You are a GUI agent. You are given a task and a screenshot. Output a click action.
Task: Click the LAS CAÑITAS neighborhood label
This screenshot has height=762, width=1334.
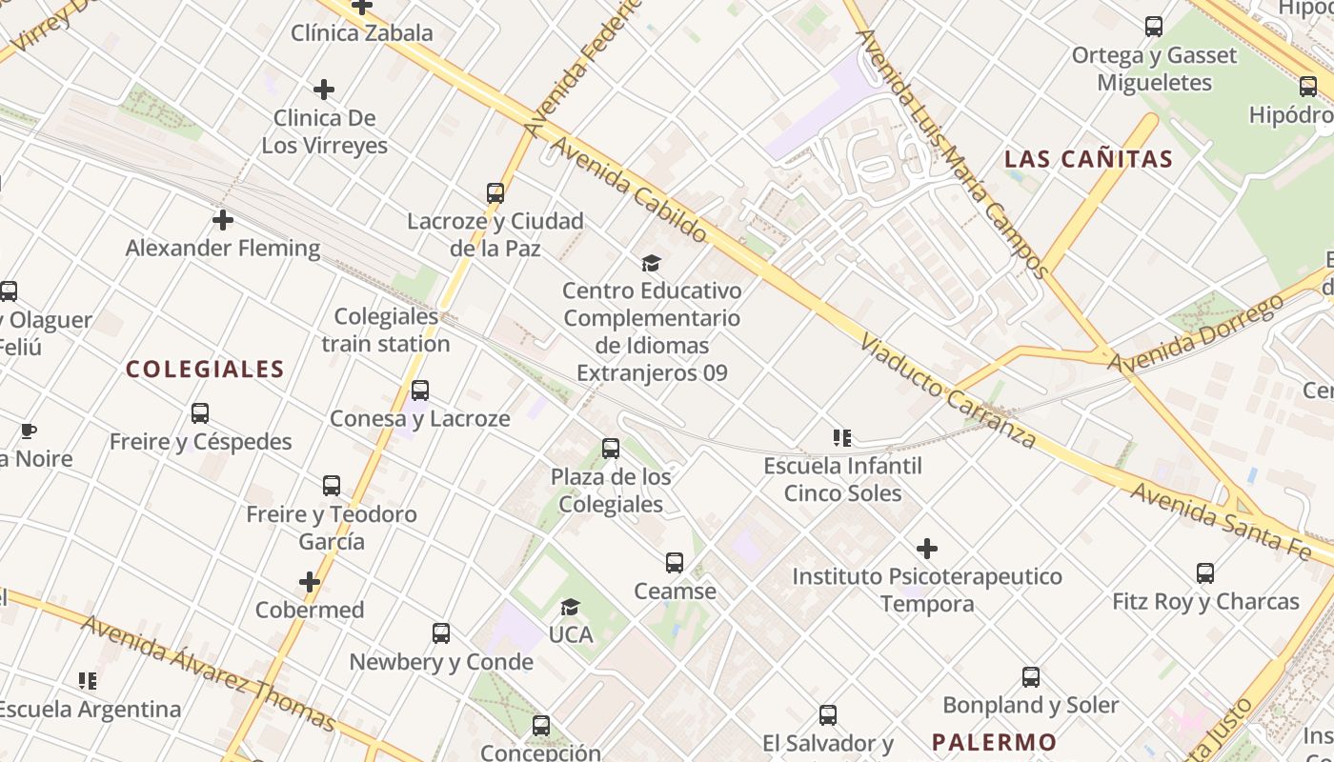pos(1088,159)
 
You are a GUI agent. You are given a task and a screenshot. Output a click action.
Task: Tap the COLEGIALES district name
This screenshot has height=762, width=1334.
pos(205,370)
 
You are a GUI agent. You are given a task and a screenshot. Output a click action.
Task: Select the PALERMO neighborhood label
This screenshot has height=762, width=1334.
pos(994,742)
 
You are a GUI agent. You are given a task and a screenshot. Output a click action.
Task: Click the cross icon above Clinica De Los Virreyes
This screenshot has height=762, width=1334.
pos(324,90)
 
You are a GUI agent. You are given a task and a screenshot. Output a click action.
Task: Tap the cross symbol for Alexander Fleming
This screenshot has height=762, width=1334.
pos(223,220)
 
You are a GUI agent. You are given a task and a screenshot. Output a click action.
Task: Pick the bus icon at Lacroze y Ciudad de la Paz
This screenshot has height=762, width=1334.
pos(495,193)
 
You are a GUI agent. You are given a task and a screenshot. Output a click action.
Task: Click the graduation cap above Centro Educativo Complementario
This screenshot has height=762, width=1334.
pos(651,263)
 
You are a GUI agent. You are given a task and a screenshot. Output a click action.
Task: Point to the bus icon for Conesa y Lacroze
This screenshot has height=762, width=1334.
pos(419,391)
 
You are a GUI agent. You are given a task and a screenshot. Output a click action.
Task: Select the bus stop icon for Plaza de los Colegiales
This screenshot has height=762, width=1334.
pos(611,449)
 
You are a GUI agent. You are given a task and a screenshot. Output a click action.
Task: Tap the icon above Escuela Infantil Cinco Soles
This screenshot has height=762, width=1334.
pos(842,438)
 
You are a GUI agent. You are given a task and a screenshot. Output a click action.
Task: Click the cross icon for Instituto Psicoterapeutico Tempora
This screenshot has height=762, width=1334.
pos(926,549)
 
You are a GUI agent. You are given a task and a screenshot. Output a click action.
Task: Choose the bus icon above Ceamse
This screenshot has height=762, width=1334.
pos(675,563)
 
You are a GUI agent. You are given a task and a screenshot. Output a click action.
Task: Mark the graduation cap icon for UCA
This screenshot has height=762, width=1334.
pos(570,607)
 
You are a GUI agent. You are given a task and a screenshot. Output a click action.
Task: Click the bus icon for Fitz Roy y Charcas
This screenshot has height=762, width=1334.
pos(1205,573)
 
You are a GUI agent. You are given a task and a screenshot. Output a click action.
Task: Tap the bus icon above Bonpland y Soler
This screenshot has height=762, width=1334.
pos(1030,677)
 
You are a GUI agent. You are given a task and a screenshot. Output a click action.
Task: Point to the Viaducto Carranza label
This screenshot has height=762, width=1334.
pos(946,391)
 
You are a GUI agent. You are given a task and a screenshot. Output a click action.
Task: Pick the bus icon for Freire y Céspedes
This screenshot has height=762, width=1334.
pos(200,413)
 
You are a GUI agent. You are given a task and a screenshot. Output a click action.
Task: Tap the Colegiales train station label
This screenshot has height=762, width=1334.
pos(386,330)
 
